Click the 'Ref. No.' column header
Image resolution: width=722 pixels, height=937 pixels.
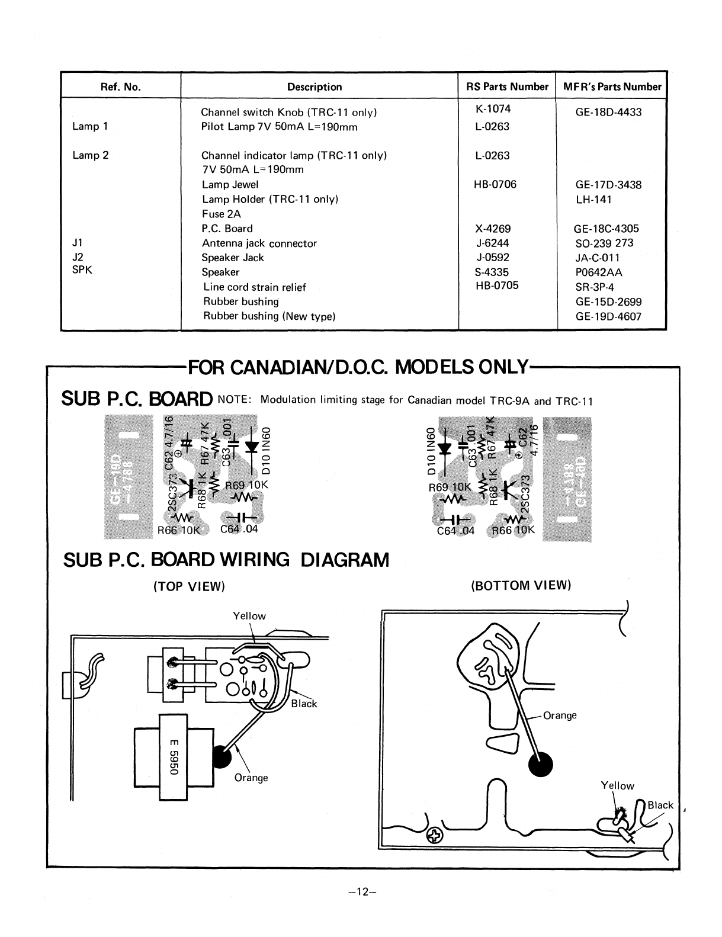click(121, 87)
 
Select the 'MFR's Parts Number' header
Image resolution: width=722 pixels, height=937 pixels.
click(611, 87)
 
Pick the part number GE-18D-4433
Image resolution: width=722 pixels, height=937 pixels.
click(608, 112)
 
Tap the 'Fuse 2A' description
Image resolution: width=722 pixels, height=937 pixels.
click(222, 214)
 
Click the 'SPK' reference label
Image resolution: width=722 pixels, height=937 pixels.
click(82, 269)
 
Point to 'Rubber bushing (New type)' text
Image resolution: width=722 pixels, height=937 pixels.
click(269, 316)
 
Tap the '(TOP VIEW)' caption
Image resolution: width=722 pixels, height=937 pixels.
click(190, 586)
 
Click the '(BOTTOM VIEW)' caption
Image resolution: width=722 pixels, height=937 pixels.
click(521, 586)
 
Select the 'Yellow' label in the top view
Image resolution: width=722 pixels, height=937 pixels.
click(249, 616)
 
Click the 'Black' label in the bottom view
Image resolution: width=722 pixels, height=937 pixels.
click(660, 805)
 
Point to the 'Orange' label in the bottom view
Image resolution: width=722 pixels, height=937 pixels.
click(560, 715)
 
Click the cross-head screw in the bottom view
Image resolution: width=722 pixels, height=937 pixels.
click(435, 836)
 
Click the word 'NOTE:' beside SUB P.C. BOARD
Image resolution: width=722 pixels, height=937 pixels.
click(235, 399)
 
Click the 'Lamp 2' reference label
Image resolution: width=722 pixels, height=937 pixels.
click(91, 155)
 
